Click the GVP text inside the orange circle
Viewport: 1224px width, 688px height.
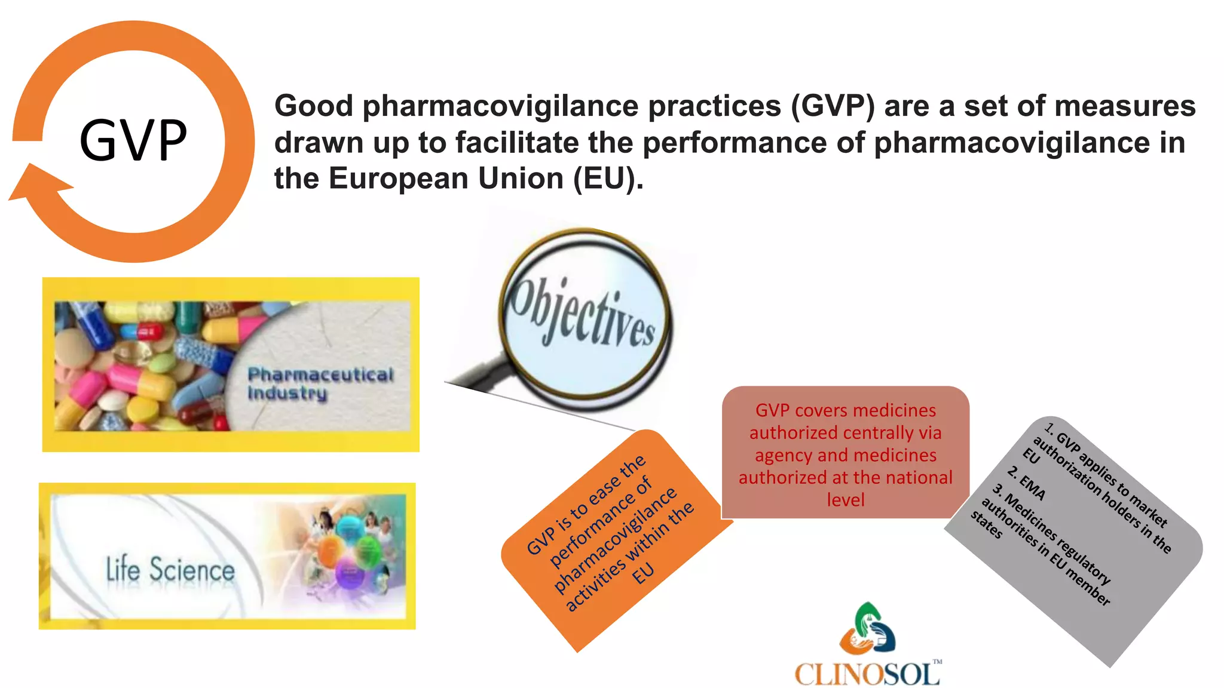click(x=133, y=140)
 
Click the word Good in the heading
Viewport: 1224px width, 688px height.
click(x=314, y=106)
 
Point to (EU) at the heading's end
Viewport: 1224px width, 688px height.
click(x=607, y=179)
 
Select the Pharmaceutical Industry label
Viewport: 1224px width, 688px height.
click(x=320, y=383)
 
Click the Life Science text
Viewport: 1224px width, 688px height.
click(x=170, y=569)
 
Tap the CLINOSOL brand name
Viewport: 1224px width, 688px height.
click(x=867, y=674)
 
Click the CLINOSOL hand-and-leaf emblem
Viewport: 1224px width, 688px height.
click(x=868, y=629)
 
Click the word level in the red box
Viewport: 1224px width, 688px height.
click(x=845, y=500)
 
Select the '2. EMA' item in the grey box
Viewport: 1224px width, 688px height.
click(x=1026, y=483)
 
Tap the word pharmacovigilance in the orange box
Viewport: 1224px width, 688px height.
click(x=615, y=540)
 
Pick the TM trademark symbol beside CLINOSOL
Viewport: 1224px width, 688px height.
click(x=937, y=662)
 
